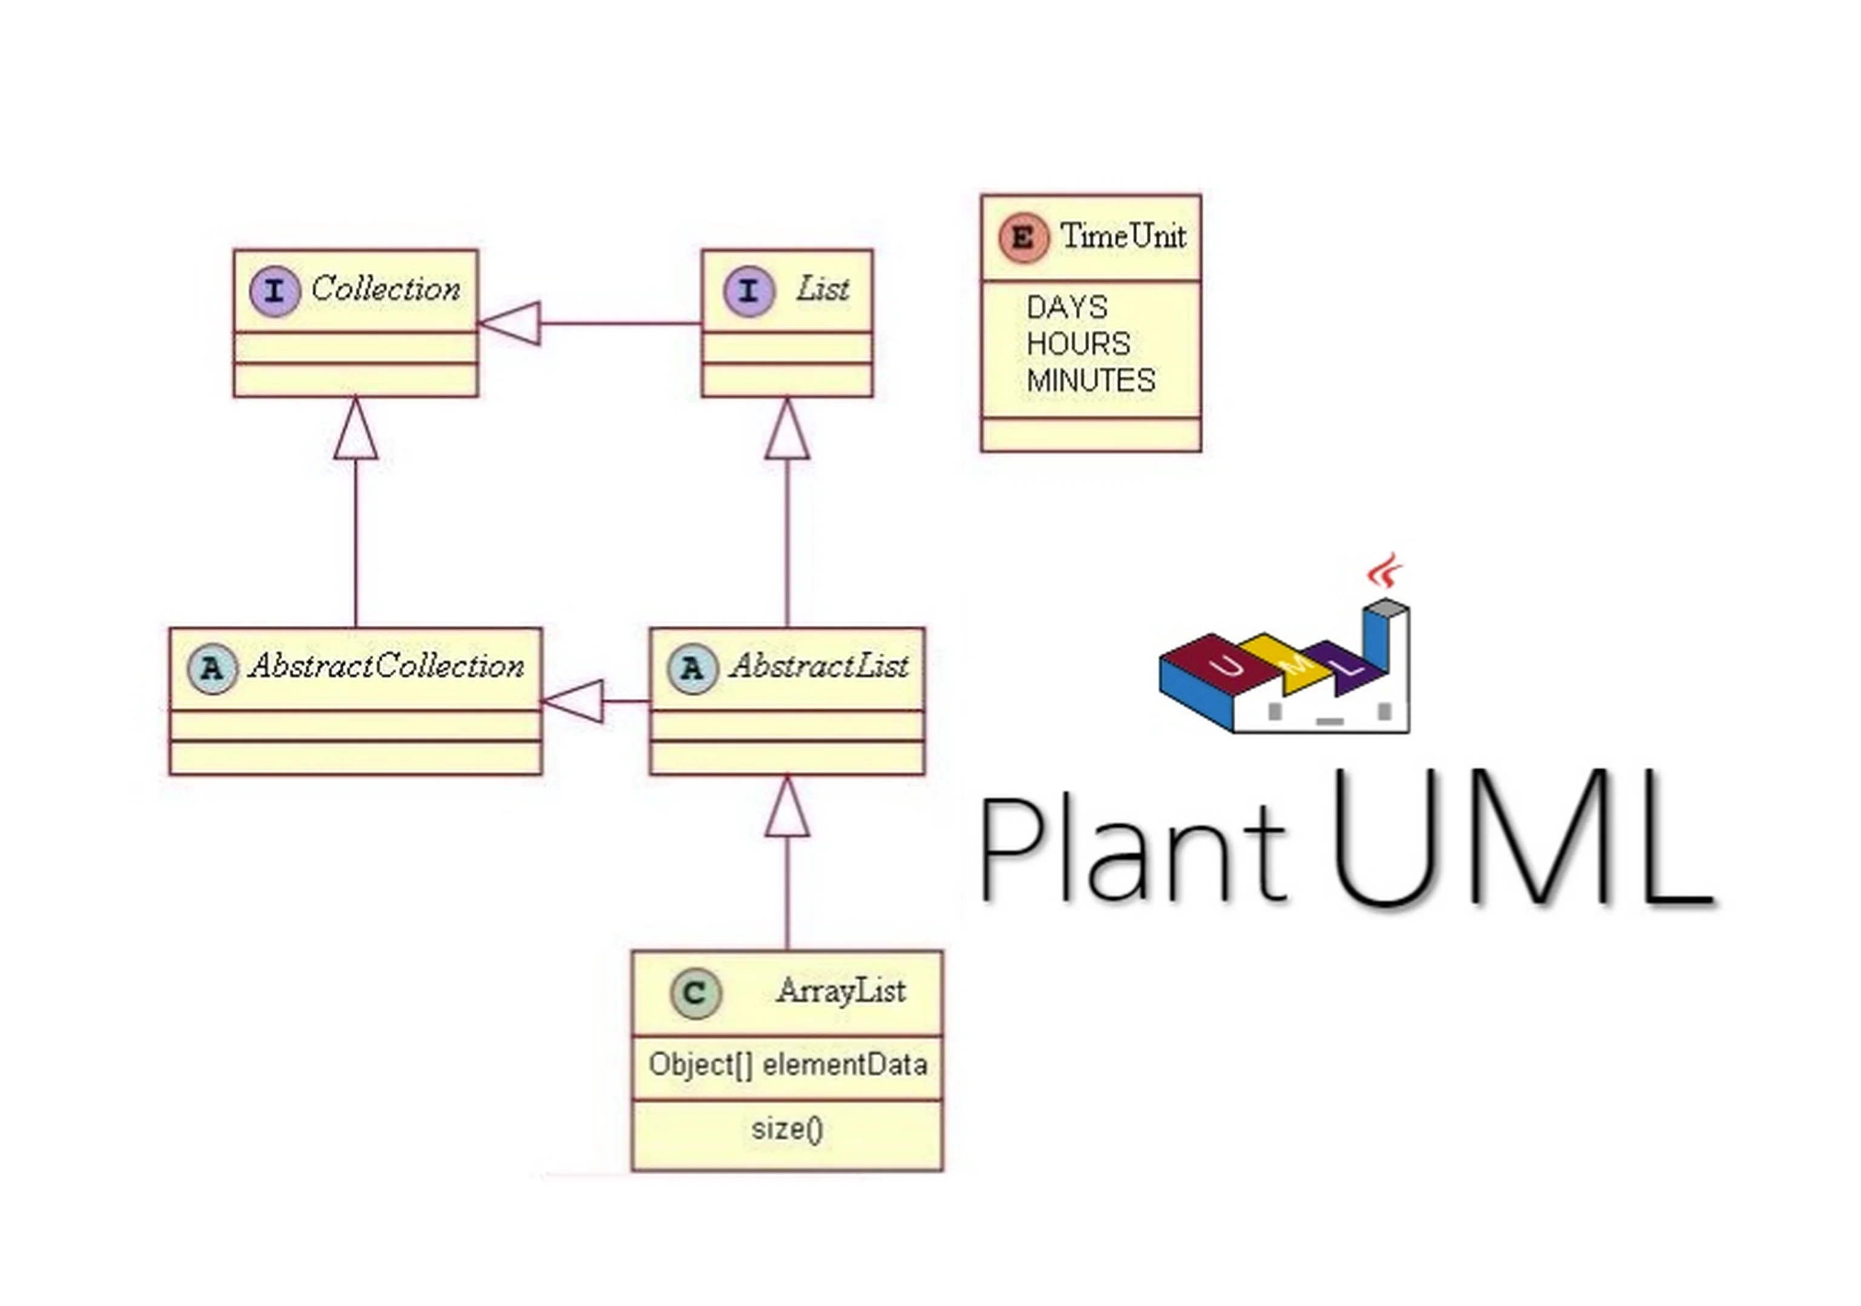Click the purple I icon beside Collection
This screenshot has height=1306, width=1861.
click(x=276, y=291)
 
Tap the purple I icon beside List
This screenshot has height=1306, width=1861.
click(x=749, y=291)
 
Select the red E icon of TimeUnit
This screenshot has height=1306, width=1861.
click(x=1024, y=238)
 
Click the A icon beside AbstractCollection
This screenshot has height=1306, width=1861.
click(x=213, y=669)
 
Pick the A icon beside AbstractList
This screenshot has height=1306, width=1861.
click(x=692, y=669)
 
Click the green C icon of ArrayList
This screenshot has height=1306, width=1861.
click(x=695, y=993)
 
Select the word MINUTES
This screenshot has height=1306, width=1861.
click(x=1090, y=381)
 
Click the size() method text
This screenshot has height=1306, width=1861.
click(x=787, y=1129)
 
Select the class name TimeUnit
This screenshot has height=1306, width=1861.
click(x=1123, y=237)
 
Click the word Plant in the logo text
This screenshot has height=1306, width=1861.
click(x=1133, y=851)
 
